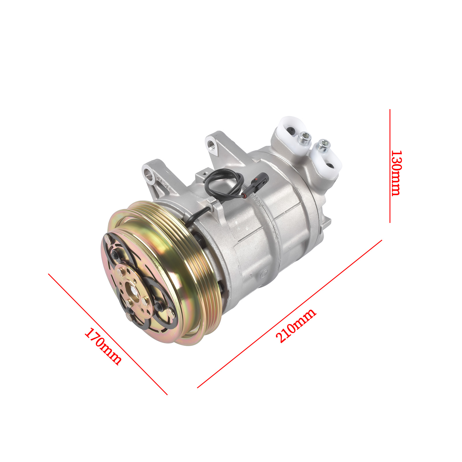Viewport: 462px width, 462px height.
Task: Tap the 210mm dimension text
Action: coord(296,325)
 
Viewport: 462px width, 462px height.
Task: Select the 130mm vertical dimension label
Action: coord(396,173)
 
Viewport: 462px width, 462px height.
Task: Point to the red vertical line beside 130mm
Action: coord(390,166)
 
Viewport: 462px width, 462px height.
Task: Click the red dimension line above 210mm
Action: coord(290,314)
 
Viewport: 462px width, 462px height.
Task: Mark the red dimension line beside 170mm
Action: coord(108,334)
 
